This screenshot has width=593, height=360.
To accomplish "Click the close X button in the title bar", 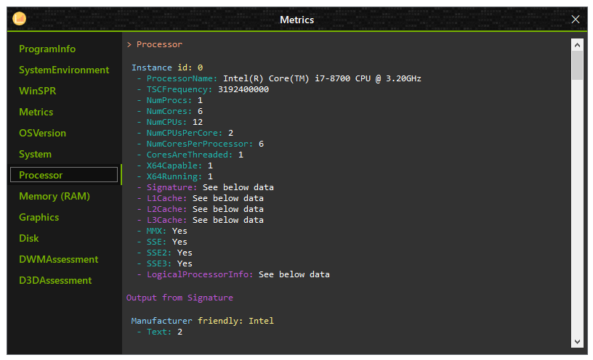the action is [x=576, y=20].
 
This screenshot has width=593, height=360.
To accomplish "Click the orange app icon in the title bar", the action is [x=20, y=19].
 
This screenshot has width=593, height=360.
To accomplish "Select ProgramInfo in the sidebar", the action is [x=47, y=49].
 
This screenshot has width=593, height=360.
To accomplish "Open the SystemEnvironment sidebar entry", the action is [x=64, y=70].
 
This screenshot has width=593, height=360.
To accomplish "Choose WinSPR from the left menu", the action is [x=38, y=91].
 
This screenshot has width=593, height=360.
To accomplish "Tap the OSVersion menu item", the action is [x=42, y=133].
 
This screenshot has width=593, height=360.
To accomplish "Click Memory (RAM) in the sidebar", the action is [x=55, y=197].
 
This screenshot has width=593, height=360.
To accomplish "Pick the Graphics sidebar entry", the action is [x=39, y=218].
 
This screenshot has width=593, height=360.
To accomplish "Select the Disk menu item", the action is [x=29, y=238].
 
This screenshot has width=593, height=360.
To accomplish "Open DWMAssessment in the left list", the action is [x=59, y=260].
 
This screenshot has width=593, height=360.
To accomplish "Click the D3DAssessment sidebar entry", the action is [x=55, y=281].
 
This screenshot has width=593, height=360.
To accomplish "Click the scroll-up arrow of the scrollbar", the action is [x=577, y=45].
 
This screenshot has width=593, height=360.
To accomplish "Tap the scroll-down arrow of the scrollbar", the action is [x=577, y=342].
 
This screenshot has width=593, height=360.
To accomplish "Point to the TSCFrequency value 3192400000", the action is [x=243, y=89].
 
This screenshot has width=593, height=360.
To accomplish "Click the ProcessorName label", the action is [x=182, y=78].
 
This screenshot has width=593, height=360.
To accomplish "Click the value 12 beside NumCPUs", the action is [x=198, y=122].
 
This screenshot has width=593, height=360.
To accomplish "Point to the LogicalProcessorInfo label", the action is [x=200, y=274].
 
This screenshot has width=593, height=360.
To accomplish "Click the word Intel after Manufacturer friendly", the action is [x=262, y=321].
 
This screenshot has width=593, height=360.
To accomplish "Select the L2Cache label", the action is [x=167, y=209].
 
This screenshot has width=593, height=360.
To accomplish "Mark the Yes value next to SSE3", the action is [x=185, y=263].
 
